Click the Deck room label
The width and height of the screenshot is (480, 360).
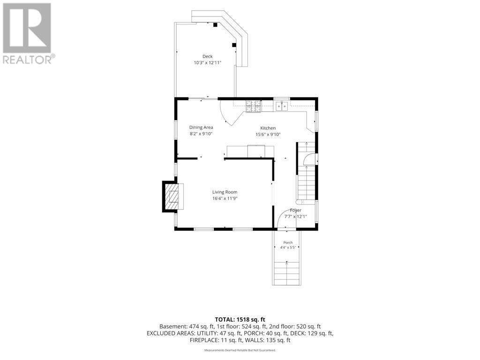click(x=207, y=56)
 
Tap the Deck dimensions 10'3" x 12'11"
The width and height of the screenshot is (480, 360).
click(x=207, y=63)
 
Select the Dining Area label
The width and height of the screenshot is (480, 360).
click(x=201, y=127)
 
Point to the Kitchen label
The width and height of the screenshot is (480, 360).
click(x=268, y=128)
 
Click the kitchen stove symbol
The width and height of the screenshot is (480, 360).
click(x=254, y=106)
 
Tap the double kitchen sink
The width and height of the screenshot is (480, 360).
click(x=282, y=106)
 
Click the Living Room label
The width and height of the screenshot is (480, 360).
click(x=225, y=192)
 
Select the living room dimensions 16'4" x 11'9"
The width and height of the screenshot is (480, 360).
click(x=225, y=198)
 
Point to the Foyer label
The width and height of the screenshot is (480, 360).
click(x=296, y=210)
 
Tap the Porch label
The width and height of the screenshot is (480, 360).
click(x=288, y=242)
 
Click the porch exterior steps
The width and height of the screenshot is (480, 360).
click(x=287, y=273)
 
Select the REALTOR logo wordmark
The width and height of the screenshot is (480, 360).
click(x=29, y=60)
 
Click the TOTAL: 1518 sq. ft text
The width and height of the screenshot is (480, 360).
click(x=240, y=320)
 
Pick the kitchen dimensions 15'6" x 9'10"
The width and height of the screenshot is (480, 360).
click(x=268, y=135)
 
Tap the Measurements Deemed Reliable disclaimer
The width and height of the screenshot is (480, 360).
click(x=240, y=350)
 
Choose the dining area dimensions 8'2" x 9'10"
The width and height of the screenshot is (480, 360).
click(x=201, y=134)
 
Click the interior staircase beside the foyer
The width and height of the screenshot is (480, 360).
click(x=306, y=173)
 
